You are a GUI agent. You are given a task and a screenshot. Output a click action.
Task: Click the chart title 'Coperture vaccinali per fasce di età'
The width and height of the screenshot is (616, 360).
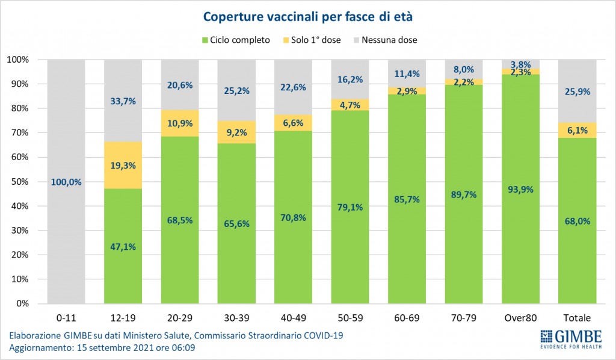[x=307, y=16]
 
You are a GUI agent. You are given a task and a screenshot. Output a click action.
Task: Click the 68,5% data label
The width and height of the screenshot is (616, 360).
[x=180, y=221]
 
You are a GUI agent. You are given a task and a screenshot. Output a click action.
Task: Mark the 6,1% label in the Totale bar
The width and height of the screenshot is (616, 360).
[x=577, y=130]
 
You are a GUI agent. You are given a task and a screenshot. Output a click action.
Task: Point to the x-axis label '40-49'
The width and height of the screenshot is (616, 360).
[x=294, y=318]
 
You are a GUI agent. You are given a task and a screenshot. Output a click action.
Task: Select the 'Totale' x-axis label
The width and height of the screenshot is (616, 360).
[x=577, y=318]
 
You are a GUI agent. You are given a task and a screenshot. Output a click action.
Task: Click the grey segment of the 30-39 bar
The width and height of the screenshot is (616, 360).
[x=237, y=84]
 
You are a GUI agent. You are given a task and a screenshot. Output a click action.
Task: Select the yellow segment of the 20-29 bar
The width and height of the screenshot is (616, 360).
[x=180, y=123]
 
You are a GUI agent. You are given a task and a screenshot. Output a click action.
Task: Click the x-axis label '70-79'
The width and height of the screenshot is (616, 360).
[x=464, y=318]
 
